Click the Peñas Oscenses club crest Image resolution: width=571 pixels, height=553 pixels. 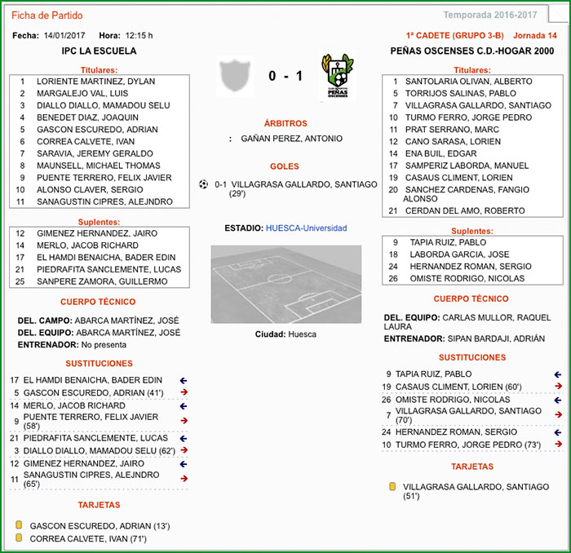pos(337,77)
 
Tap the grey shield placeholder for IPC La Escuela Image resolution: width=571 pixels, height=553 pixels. pos(236,77)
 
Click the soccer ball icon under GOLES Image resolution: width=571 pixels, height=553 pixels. pos(204,184)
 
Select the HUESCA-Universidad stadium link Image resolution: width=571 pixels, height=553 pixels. pos(306,228)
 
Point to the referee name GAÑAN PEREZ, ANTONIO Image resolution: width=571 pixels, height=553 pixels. pos(291,139)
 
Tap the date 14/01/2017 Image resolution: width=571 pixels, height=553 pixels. pos(65,36)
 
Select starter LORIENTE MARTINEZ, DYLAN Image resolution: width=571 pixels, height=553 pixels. pos(95,82)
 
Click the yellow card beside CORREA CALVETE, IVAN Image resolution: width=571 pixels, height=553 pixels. pos(19,538)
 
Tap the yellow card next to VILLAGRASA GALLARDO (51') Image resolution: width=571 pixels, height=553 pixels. pos(392,486)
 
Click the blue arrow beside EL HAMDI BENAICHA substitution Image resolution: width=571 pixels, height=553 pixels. pos(183,380)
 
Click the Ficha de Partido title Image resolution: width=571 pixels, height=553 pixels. pos(46,15)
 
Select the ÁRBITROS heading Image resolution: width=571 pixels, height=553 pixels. pos(285,123)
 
